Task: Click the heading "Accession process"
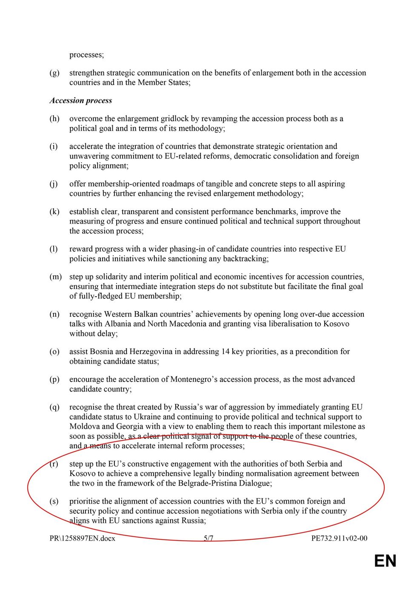[x=81, y=100]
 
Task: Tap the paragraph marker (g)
[x=54, y=73]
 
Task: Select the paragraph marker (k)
[x=54, y=212]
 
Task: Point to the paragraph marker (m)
[x=56, y=277]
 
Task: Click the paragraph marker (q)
[x=54, y=407]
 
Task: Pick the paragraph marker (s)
[x=54, y=501]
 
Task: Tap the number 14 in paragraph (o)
[x=226, y=352]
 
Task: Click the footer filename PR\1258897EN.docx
[x=83, y=538]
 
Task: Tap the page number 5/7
[x=208, y=538]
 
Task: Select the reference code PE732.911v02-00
[x=339, y=538]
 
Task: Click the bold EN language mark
[x=385, y=561]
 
